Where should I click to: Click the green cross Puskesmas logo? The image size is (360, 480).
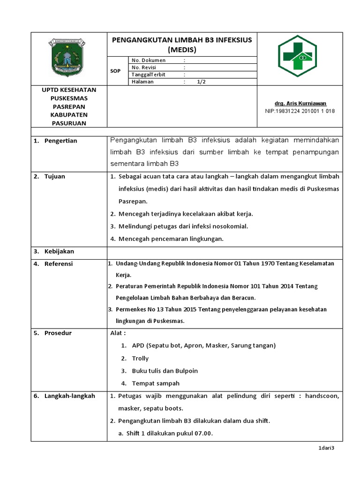pos(297,56)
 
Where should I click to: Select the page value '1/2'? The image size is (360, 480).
pos(201,82)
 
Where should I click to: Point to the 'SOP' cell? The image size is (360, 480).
pos(115,71)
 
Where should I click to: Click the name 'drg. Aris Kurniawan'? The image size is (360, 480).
pos(300,103)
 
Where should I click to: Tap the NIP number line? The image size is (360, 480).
pos(300,111)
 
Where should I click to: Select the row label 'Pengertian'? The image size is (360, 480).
pos(60,141)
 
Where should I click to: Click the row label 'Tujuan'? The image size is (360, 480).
pos(55,176)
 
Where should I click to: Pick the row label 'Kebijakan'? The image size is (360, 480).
pos(59,251)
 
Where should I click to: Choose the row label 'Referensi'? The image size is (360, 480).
pos(59,264)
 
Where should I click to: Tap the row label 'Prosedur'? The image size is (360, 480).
pos(58,333)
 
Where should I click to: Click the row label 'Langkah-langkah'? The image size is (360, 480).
pos(69,396)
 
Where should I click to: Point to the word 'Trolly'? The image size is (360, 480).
pos(140,358)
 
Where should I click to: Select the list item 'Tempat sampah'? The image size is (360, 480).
pos(153,383)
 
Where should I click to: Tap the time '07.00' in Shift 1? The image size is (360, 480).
pos(204,434)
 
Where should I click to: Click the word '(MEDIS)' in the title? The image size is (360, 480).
pos(182,49)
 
